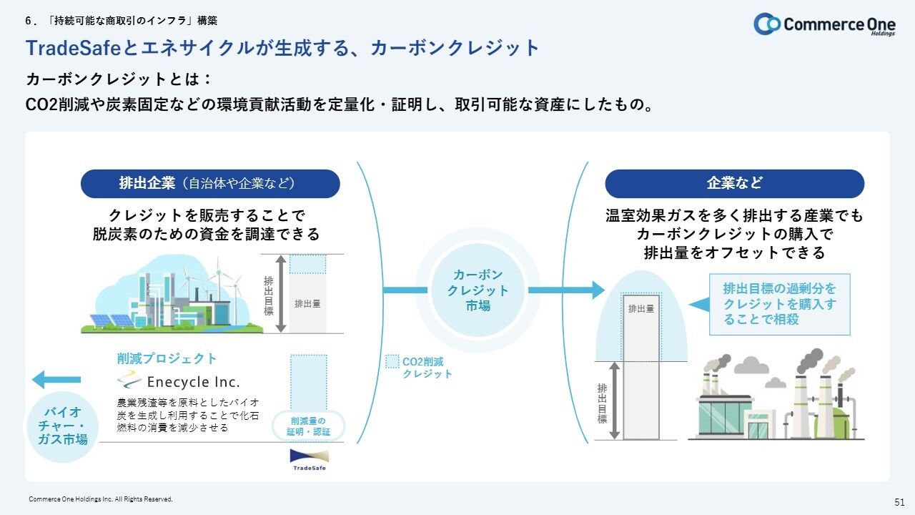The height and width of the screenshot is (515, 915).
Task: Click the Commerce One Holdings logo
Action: [x=824, y=24]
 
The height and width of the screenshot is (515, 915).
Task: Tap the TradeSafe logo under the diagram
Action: [x=310, y=460]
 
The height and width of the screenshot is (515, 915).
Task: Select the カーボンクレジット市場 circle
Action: [x=478, y=290]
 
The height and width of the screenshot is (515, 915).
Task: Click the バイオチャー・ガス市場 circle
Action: [x=62, y=426]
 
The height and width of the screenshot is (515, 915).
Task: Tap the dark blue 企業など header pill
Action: [x=734, y=184]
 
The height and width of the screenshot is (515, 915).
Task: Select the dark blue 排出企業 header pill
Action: [x=210, y=184]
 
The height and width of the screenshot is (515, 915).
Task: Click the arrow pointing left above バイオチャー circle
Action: [x=56, y=380]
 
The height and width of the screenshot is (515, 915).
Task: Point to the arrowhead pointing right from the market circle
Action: [x=598, y=290]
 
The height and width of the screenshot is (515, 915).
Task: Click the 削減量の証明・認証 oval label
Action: [x=308, y=426]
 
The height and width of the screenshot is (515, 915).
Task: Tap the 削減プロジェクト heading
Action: [x=167, y=358]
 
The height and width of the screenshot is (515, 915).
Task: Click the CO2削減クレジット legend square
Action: [x=392, y=361]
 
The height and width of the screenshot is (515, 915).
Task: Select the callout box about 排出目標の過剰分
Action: [x=779, y=305]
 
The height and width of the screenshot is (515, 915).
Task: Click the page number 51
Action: [x=899, y=502]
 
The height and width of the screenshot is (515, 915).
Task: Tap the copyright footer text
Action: [x=101, y=499]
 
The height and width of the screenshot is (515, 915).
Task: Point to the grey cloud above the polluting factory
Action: [x=751, y=366]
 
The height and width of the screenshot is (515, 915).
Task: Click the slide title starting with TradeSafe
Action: [x=282, y=48]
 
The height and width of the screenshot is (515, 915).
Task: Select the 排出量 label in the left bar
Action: [x=307, y=304]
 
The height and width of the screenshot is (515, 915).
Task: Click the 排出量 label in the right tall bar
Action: [x=641, y=309]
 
